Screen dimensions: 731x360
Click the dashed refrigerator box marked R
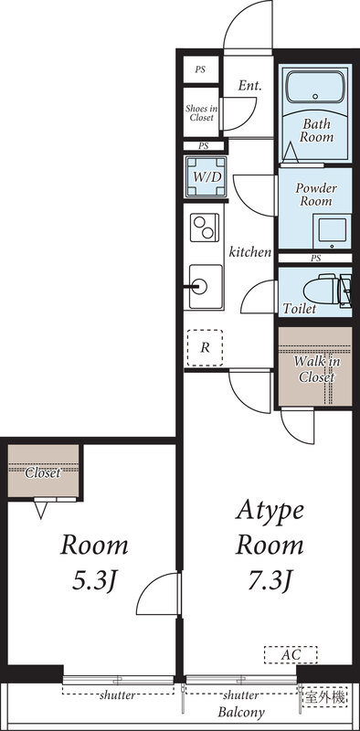pos(205,346)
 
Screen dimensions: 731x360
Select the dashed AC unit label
pos(291,654)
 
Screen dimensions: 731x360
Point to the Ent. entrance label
pos(249,86)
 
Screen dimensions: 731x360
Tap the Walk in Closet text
pos(313,367)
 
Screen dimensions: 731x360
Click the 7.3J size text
pos(270,581)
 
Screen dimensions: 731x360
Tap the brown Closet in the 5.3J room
pos(43,471)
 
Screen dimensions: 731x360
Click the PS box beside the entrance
pos(200,69)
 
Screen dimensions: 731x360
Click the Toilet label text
pos(300,309)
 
